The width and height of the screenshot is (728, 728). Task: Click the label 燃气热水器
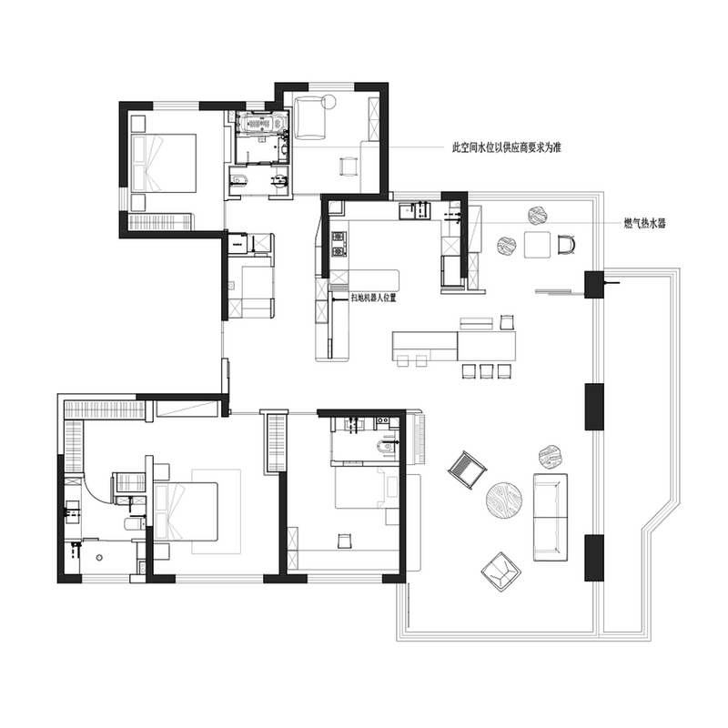[x=644, y=223]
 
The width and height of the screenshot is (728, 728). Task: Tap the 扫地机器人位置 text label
[x=374, y=298]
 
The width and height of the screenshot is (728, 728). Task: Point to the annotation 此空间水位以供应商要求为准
[x=507, y=147]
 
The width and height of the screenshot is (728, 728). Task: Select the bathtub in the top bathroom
[x=261, y=124]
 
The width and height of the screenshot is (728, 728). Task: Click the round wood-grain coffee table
[x=504, y=500]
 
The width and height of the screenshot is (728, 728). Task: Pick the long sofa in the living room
[x=551, y=517]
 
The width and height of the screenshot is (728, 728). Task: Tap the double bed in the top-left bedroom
[x=164, y=163]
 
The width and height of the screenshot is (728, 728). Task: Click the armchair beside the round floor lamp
[x=309, y=118]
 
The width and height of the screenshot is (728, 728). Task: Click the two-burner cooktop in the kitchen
[x=339, y=245]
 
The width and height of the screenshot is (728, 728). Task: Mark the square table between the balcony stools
[x=537, y=245]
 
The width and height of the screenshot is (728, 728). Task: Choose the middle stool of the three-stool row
[x=486, y=371]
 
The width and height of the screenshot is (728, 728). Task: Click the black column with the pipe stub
[x=594, y=284]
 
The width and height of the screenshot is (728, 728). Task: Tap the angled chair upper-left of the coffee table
[x=467, y=470]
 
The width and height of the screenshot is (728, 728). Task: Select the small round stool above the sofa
[x=550, y=458]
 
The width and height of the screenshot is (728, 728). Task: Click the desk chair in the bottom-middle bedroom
[x=343, y=541]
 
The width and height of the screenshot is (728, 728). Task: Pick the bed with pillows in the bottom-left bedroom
[x=186, y=511]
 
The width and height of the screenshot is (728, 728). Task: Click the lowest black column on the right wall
[x=594, y=558]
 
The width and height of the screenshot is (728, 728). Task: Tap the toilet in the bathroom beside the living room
[x=385, y=446]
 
